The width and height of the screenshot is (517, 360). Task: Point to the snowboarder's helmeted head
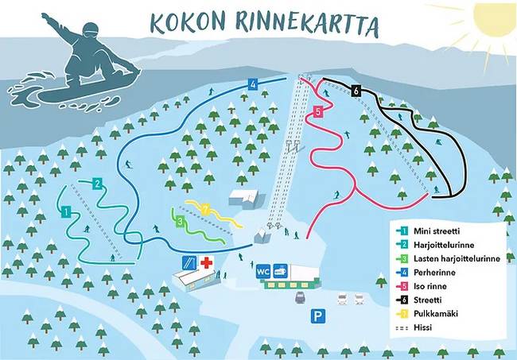pyautogui.click(x=90, y=31)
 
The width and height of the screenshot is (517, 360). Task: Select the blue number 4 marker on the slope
pyautogui.click(x=252, y=83)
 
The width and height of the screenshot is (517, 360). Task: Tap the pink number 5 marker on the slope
pyautogui.click(x=318, y=112)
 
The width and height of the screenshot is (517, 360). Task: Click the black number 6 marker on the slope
pyautogui.click(x=356, y=91)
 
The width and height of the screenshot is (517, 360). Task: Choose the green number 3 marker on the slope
pyautogui.click(x=181, y=221)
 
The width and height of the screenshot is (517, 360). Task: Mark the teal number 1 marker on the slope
pyautogui.click(x=67, y=211)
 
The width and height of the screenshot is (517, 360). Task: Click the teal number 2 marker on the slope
pyautogui.click(x=97, y=183)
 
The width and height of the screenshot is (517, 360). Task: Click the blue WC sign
pyautogui.click(x=262, y=271)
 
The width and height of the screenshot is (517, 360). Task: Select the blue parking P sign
pyautogui.click(x=318, y=316)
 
